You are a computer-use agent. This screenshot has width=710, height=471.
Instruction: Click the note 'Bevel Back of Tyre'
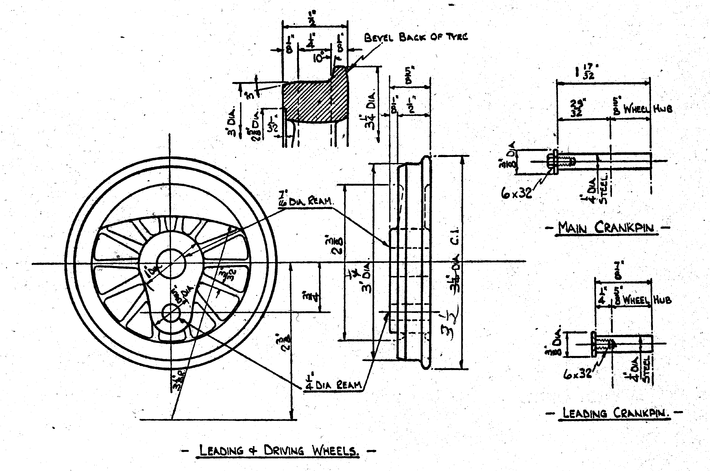(x=416, y=37)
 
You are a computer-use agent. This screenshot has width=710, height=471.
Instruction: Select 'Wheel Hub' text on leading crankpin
(x=647, y=300)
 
